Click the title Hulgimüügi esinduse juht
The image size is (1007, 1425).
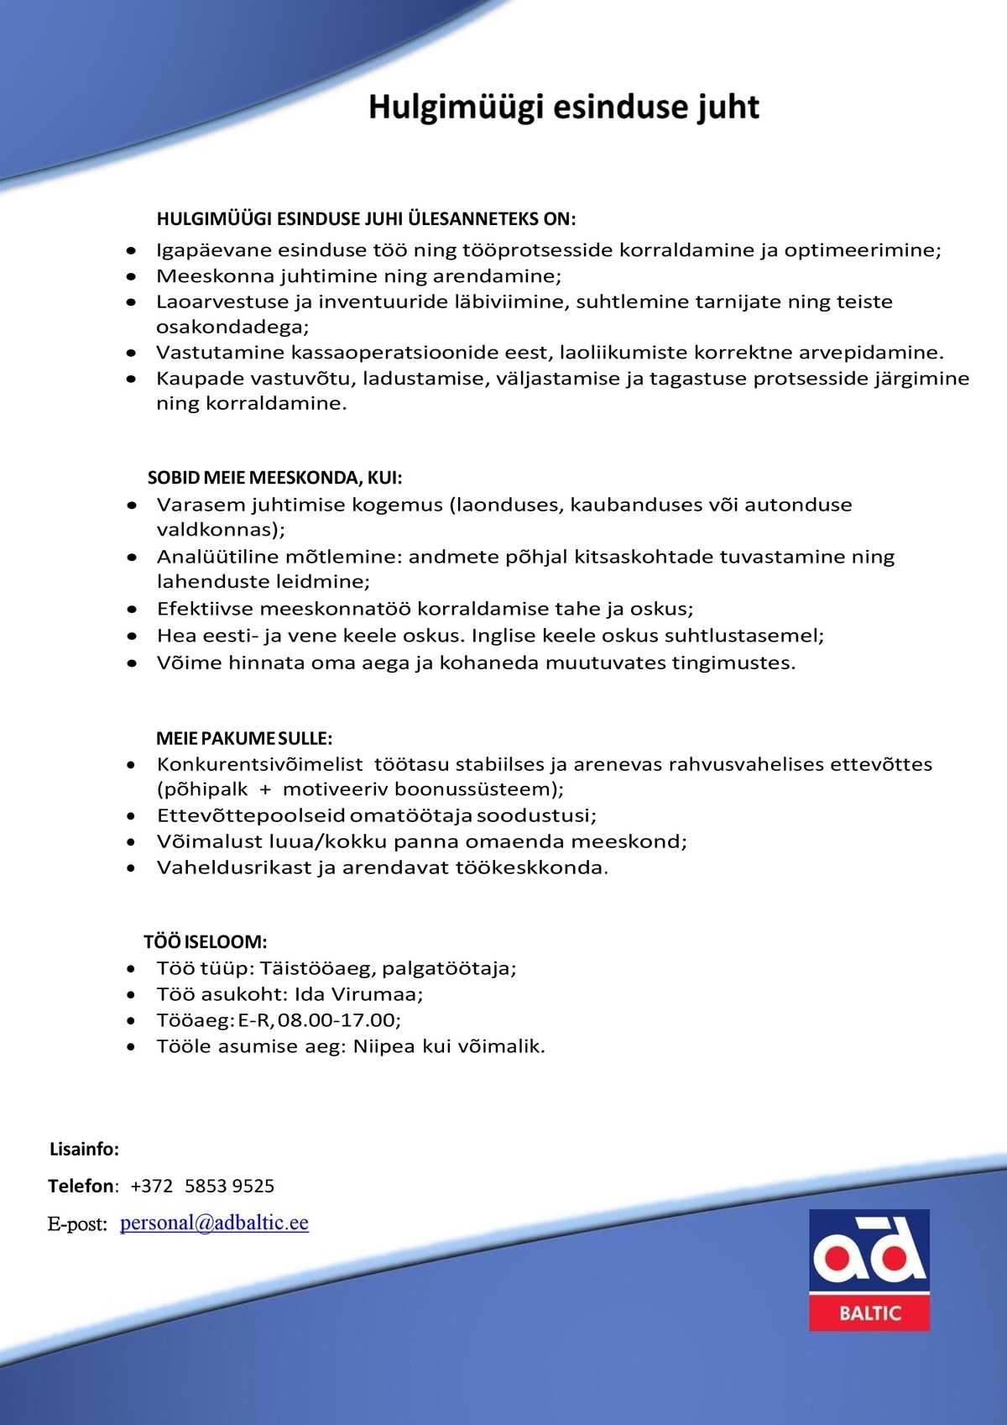[564, 107]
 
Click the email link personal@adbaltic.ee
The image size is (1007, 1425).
[214, 1223]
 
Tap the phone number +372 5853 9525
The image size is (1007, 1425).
[202, 1186]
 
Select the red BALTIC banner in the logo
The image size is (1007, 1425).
[869, 1312]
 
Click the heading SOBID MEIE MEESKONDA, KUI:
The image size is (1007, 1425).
[274, 478]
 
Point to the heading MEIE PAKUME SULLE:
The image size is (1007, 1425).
[244, 738]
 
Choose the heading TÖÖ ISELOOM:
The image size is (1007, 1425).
[205, 941]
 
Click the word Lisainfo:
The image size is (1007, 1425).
[84, 1149]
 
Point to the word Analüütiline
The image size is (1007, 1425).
[220, 557]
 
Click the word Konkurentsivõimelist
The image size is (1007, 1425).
[259, 764]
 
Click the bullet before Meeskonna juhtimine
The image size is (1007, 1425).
[131, 276]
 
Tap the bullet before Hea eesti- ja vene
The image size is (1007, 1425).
[132, 637]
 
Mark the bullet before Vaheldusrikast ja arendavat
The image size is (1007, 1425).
[131, 868]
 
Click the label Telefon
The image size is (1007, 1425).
[81, 1186]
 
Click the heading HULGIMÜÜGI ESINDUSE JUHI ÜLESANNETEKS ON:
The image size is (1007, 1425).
[366, 219]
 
